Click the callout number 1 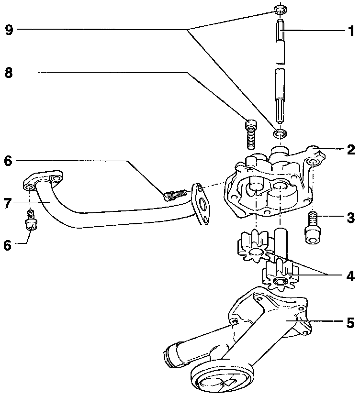pos(351,32)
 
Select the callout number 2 pos(351,149)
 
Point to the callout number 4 pos(351,276)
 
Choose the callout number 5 pos(351,323)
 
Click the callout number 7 pos(7,203)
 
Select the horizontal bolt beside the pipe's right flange pos(175,194)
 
